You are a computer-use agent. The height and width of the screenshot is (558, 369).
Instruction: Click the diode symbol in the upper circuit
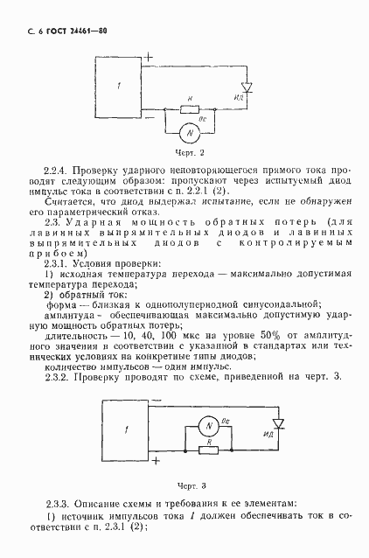point(247,87)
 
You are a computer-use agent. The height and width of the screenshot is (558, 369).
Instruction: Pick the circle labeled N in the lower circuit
point(208,425)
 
